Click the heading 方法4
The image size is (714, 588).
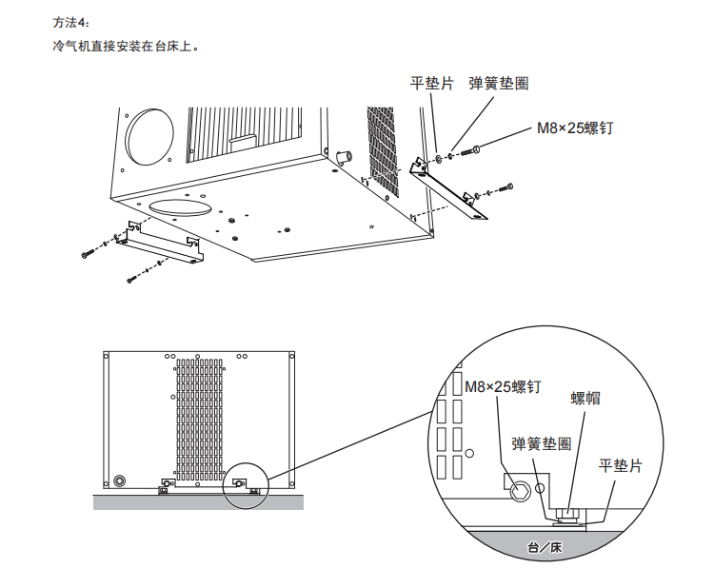click(x=70, y=22)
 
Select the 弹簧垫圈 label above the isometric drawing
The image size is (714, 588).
click(x=498, y=84)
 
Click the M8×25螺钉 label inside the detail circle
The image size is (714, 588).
click(x=504, y=386)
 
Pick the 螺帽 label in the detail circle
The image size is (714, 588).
click(x=585, y=398)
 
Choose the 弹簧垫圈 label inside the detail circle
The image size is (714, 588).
click(x=541, y=443)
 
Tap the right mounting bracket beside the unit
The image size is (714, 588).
click(x=448, y=189)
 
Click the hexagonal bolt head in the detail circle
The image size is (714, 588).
click(x=520, y=492)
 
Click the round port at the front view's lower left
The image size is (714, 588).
click(x=120, y=479)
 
